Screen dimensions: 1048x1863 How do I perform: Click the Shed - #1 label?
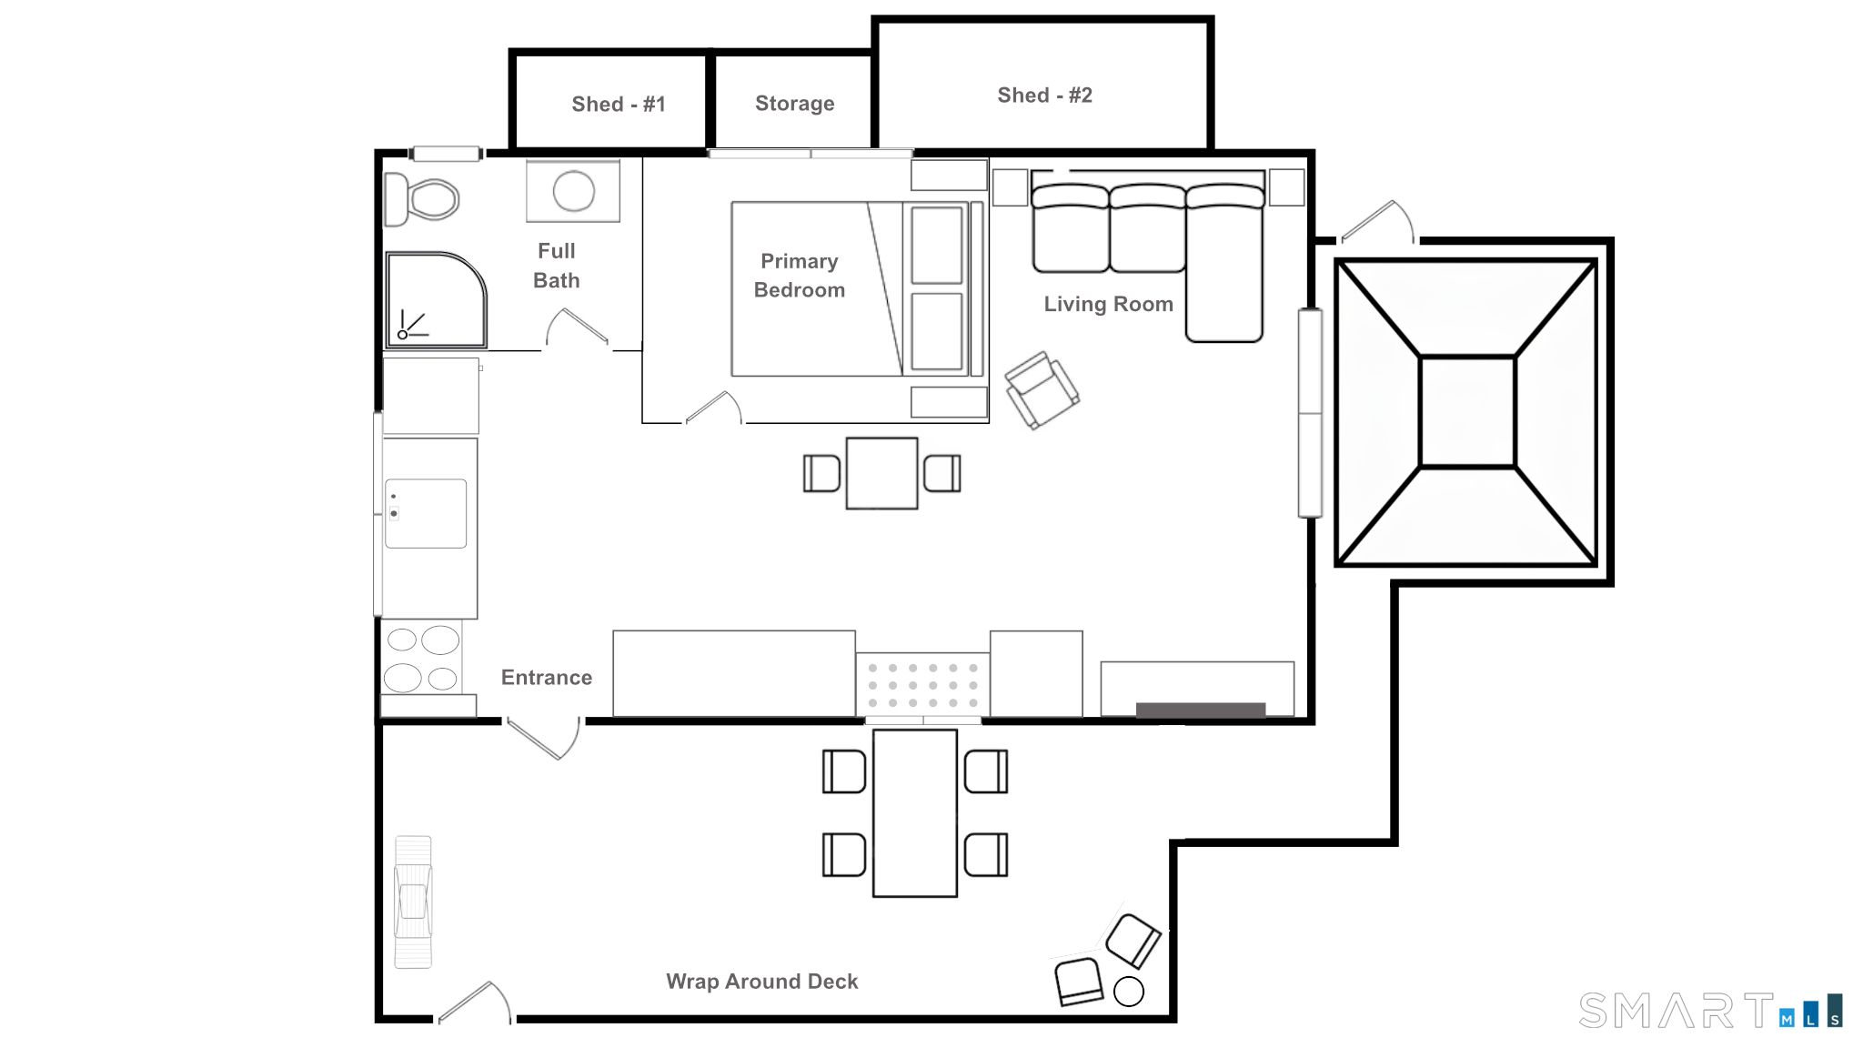pos(619,105)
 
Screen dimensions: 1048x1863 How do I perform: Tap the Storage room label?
pos(794,104)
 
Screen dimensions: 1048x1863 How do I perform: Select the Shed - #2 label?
pos(1044,96)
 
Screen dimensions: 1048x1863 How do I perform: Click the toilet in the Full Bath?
pos(425,199)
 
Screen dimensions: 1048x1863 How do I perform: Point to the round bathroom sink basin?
pos(573,191)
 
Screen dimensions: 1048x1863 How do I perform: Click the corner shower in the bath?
pos(435,300)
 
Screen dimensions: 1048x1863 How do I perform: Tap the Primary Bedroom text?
pos(799,276)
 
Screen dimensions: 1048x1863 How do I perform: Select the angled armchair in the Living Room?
pos(1042,390)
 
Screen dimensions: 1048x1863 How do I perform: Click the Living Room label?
pos(1108,305)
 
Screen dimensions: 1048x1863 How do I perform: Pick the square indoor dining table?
pos(881,473)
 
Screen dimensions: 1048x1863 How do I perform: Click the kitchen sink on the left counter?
pos(426,514)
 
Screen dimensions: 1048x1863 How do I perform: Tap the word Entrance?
pos(546,678)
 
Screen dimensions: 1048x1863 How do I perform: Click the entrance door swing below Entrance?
pos(546,740)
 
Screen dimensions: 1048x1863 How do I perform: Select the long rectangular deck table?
pos(914,812)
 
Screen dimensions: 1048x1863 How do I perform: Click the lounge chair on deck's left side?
pos(413,902)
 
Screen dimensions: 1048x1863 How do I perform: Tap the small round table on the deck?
pos(1128,992)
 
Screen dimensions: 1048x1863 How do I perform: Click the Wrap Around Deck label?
pos(761,982)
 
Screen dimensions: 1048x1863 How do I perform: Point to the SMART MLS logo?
pos(1710,1011)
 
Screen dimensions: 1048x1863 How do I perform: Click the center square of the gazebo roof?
pos(1466,412)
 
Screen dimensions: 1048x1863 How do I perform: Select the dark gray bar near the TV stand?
pos(1200,710)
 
